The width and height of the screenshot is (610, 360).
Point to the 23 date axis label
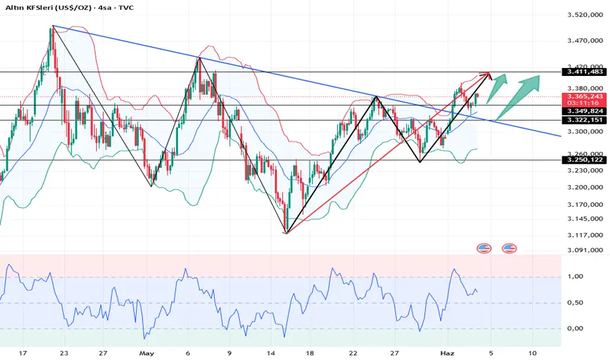pyautogui.click(x=63, y=351)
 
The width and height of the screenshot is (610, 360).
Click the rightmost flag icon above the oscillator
pyautogui.click(x=509, y=249)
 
